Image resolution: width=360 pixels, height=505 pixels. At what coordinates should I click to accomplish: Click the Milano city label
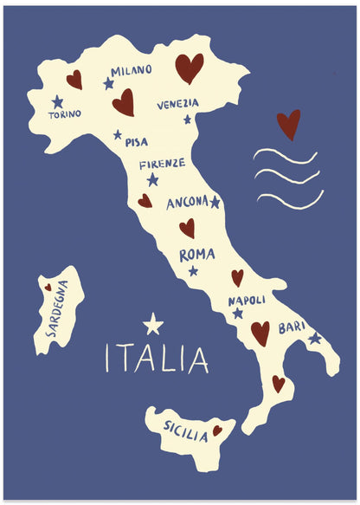[x=132, y=70]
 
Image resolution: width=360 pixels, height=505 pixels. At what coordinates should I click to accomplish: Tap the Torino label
[x=64, y=114]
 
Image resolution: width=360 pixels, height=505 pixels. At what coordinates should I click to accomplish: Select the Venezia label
[x=177, y=104]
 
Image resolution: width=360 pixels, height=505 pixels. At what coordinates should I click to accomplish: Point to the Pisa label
[x=136, y=141]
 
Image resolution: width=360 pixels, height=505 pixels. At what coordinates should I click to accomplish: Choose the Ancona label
[x=187, y=202]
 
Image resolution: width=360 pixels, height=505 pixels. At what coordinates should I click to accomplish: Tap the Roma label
[x=197, y=255]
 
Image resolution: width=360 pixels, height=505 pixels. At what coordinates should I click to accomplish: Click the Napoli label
[x=247, y=300]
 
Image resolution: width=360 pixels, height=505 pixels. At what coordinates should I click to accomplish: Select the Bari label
[x=292, y=327]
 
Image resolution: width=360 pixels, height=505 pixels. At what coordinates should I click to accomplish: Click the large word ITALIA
[x=157, y=359]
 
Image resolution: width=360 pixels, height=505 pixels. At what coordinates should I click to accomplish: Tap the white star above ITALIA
[x=153, y=324]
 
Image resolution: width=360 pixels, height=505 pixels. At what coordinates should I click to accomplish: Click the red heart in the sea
[x=289, y=124]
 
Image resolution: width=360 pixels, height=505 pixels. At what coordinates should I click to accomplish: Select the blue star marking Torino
[x=57, y=101]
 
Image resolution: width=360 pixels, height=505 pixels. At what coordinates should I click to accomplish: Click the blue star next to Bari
[x=314, y=338]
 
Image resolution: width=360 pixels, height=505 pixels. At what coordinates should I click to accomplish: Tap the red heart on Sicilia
[x=217, y=430]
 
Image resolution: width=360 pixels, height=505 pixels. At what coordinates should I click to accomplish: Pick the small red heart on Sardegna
[x=48, y=287]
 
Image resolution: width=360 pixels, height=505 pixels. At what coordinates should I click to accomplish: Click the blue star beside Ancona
[x=215, y=202]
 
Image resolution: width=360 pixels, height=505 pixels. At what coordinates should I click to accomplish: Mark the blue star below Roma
[x=193, y=271]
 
